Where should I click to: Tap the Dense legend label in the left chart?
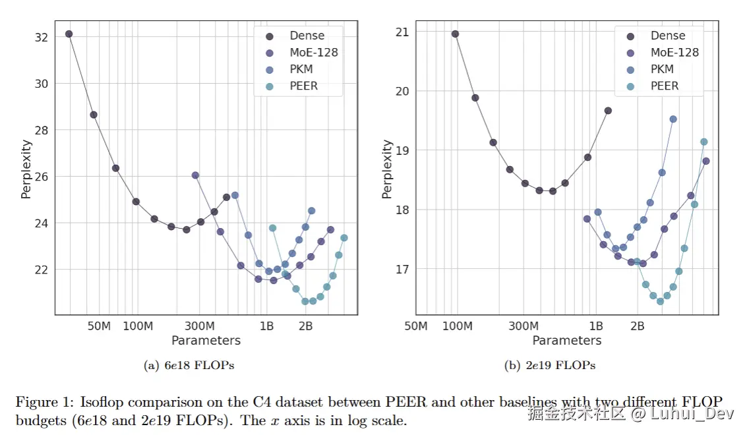point(307,36)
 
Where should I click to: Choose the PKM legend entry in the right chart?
point(661,69)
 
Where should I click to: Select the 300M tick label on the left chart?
point(200,326)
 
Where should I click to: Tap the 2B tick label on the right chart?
point(637,326)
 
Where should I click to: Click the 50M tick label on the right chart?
point(415,326)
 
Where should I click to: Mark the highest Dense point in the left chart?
point(69,34)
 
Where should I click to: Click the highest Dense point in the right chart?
point(455,34)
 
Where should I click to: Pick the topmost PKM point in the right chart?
point(673,119)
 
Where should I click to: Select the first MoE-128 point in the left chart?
point(195,175)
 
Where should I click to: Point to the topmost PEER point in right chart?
point(703,142)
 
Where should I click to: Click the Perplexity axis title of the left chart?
point(26,169)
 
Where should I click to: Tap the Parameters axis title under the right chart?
point(567,341)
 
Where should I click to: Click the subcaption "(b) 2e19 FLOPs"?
point(550,365)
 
